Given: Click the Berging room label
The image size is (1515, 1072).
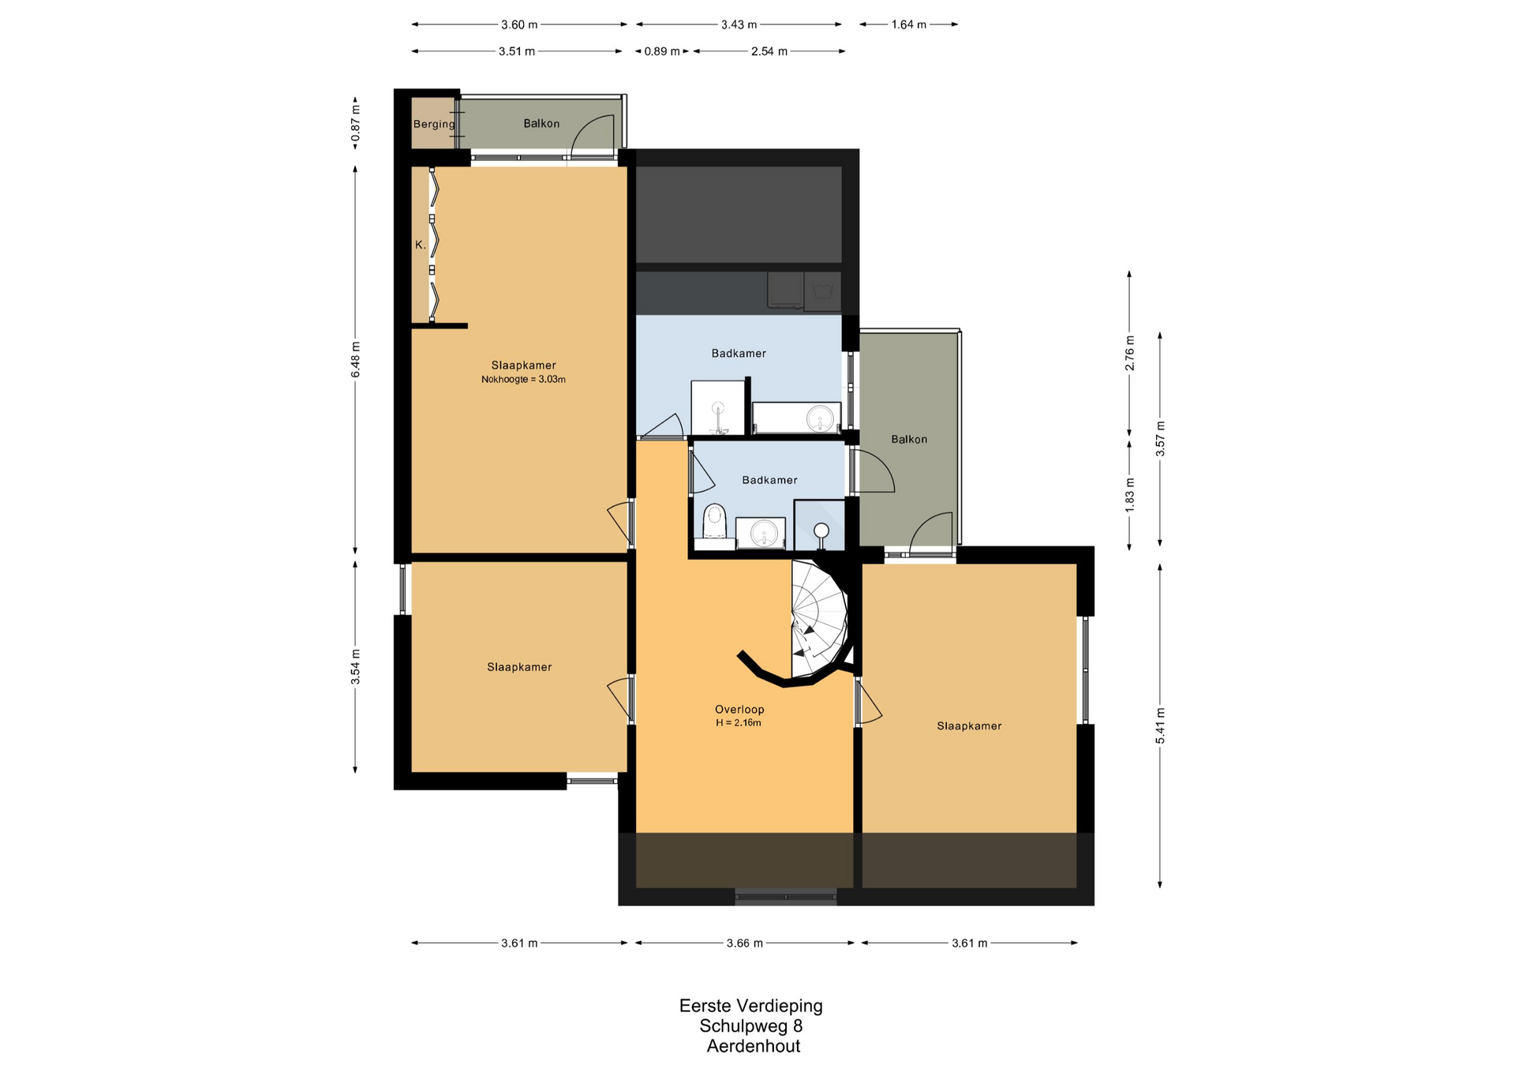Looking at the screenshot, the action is point(434,124).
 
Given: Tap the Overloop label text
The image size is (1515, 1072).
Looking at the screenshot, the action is point(739,709).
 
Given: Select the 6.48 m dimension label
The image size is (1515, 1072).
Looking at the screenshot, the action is point(355,359).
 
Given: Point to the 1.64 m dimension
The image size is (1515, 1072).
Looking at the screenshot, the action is point(908,24).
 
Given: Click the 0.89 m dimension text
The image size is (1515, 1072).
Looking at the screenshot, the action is point(662,51).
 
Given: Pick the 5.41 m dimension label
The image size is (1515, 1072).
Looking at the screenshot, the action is point(1160,726).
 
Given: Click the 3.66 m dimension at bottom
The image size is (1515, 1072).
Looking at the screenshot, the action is point(745,943).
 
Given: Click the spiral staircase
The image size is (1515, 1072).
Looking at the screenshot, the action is point(820,620).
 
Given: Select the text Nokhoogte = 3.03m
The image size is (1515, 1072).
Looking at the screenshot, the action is point(523,379).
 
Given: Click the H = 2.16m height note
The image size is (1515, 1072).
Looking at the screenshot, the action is point(739,722).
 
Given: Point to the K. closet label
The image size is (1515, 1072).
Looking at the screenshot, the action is point(421,245).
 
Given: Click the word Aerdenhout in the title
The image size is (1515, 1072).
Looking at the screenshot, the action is point(754,1046).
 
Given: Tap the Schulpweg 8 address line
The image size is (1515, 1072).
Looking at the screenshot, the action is point(751,1025).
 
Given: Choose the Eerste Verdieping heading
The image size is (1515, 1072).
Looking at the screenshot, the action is point(751,1006).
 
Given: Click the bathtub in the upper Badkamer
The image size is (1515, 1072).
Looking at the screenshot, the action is point(796,418).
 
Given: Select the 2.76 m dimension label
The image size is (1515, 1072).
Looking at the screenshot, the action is point(1130,353).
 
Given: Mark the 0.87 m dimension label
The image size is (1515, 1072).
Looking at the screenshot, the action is point(355,124).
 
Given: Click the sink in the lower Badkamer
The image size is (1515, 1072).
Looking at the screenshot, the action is point(761,533).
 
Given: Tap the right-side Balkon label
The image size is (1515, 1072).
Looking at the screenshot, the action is point(909,439).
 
